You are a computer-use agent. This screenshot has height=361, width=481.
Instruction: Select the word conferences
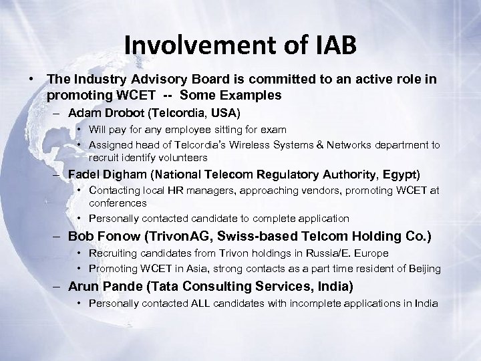(x=118, y=203)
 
